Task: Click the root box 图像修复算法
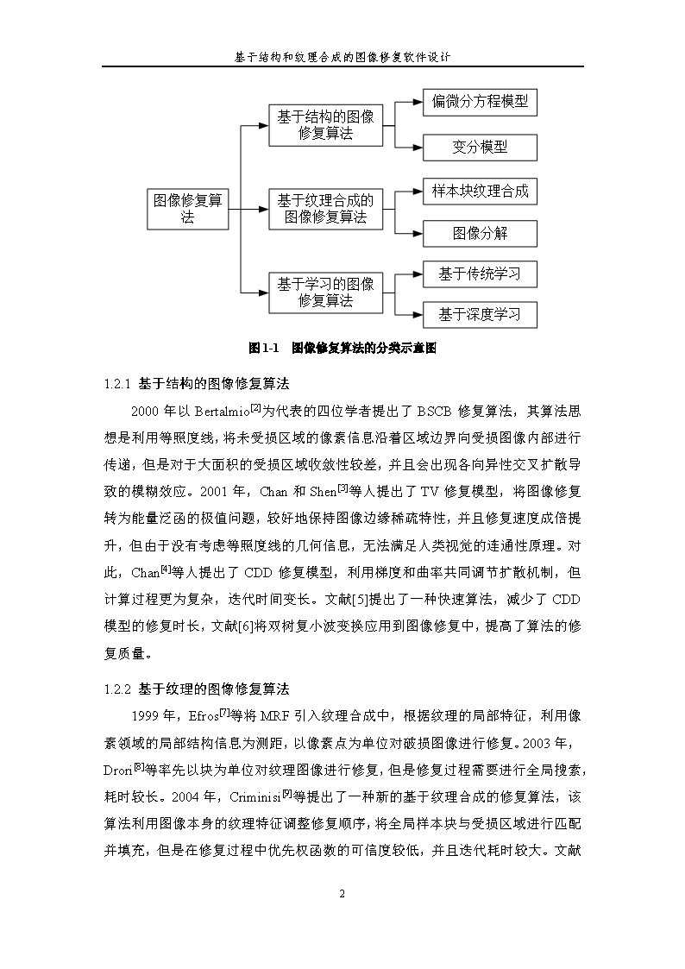click(x=188, y=209)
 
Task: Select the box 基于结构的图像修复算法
click(x=325, y=125)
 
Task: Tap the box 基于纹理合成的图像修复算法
click(x=325, y=209)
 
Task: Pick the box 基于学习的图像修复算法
click(x=325, y=292)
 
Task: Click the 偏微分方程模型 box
click(x=480, y=103)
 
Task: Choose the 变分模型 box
click(x=480, y=148)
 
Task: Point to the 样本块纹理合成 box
click(x=480, y=191)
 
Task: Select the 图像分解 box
click(x=480, y=233)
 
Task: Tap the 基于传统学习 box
click(x=480, y=274)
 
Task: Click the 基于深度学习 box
click(x=480, y=314)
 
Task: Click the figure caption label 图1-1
click(x=265, y=349)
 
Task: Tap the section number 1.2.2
click(x=116, y=689)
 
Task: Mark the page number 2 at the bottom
click(x=342, y=893)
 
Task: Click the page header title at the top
click(x=342, y=56)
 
